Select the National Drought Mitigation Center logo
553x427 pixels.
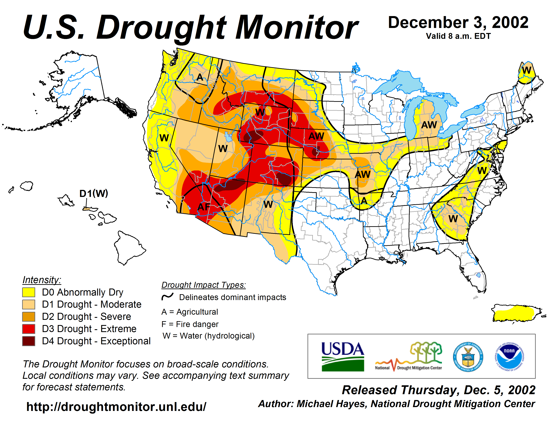(x=408, y=357)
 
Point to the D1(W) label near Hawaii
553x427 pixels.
(x=94, y=194)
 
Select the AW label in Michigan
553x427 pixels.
(x=429, y=125)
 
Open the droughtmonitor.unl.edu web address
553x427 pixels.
(x=116, y=407)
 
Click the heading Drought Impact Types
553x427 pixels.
(x=204, y=285)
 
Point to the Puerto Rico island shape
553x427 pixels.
(x=514, y=314)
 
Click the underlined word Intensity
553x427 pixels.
(x=42, y=280)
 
